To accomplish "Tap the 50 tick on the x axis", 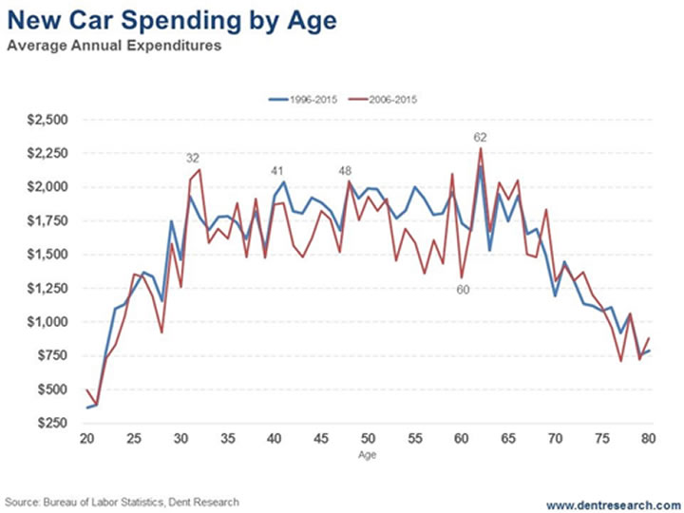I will pos(369,439).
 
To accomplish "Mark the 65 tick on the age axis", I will pos(508,439).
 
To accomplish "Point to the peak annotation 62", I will pos(480,137).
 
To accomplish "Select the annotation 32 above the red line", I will pos(193,159).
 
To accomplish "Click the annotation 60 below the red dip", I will pos(463,289).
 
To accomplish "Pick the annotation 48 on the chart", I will pos(346,170).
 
